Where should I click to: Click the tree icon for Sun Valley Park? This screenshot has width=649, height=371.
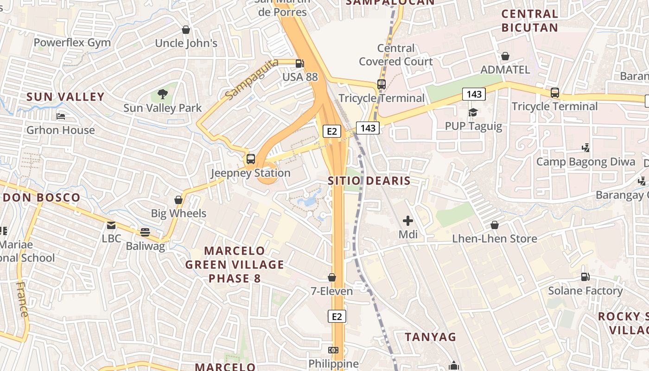coord(162,94)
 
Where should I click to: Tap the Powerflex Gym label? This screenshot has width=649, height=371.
coord(72,43)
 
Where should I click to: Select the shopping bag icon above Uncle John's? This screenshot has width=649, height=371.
coord(186,30)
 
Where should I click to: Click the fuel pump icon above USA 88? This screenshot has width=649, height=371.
coord(300,63)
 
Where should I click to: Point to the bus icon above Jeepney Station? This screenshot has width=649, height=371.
coord(251,159)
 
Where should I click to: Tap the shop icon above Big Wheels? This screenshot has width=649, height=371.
coord(178,200)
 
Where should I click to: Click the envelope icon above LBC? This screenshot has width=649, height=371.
coord(111,225)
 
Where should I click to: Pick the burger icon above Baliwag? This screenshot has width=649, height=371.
coord(145,232)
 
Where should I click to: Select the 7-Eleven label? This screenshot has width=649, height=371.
coord(331,291)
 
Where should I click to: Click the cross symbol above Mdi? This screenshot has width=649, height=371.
coord(408,221)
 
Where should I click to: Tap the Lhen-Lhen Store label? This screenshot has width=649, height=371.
coord(495,239)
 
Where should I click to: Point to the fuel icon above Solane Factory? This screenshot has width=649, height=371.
coord(585,277)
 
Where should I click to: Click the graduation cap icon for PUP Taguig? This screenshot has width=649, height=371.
coord(473,112)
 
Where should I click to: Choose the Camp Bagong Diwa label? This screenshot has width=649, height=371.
coord(585,162)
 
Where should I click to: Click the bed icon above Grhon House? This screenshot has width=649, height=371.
coord(60,116)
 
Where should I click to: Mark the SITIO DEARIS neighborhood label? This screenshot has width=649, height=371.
coord(369,181)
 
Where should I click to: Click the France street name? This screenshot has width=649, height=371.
coord(22,299)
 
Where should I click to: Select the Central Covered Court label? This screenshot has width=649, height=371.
coord(396,55)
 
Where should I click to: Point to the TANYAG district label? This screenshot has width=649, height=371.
coord(431,337)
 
